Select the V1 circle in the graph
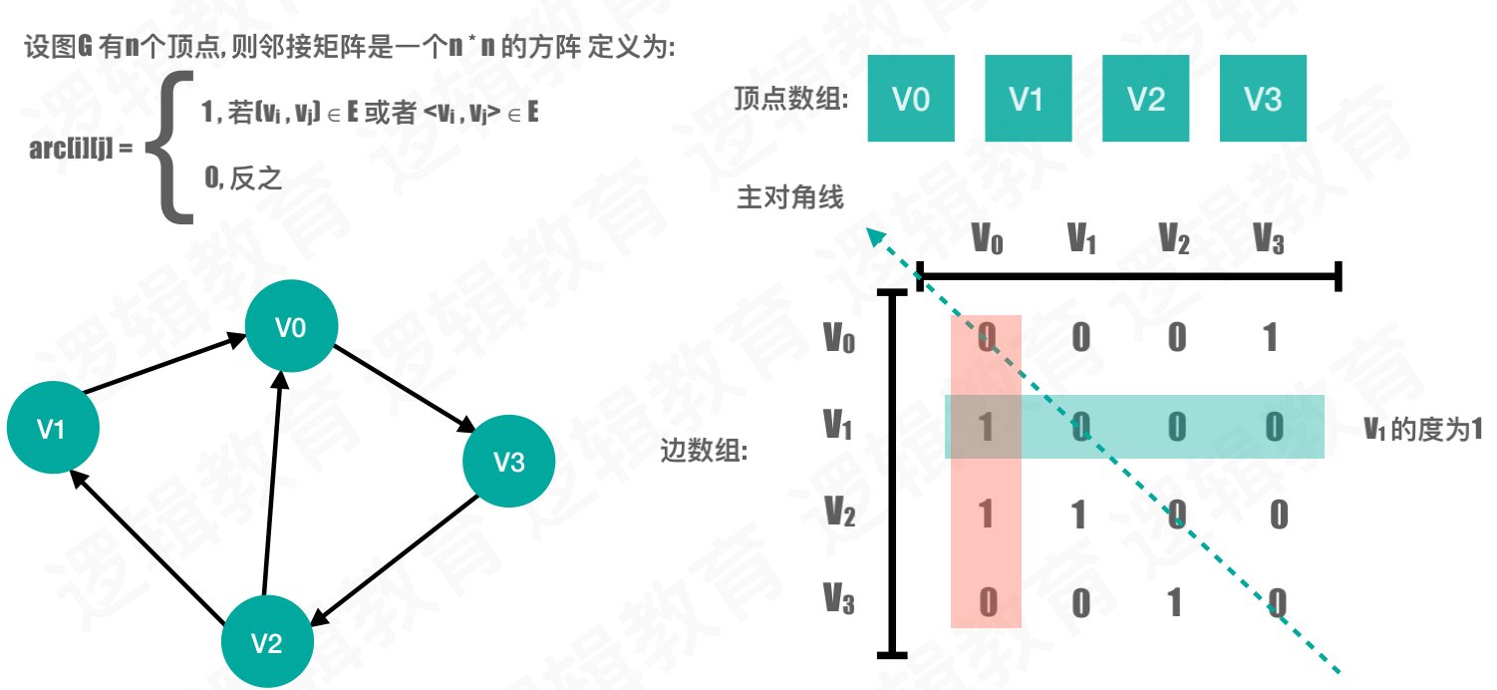click(x=53, y=428)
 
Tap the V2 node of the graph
click(x=267, y=643)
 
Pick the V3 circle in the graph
click(x=508, y=461)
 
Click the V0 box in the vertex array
click(x=911, y=98)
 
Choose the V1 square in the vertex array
click(x=1028, y=98)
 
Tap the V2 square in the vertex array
click(x=1145, y=98)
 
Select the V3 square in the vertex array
click(x=1263, y=98)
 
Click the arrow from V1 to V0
click(x=164, y=366)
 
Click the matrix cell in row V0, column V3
click(x=1270, y=338)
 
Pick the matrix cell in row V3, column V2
click(x=1175, y=602)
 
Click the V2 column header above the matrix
click(x=1175, y=240)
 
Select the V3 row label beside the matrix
click(x=838, y=599)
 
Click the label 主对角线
click(x=789, y=198)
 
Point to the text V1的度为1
click(x=1423, y=429)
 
